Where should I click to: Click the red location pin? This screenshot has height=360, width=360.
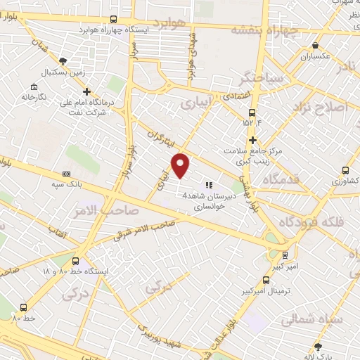181,165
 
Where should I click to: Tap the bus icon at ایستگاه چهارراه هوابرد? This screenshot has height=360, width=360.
115,20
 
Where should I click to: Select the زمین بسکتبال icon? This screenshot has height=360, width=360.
63,61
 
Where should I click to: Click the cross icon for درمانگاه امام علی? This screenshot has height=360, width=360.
86,91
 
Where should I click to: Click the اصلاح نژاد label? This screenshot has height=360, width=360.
326,108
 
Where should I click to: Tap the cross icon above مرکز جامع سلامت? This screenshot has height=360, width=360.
252,140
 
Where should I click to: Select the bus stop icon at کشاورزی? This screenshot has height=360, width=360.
345,170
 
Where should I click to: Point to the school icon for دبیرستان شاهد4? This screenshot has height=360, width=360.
208,185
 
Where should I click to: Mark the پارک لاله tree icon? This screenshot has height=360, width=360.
318,346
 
